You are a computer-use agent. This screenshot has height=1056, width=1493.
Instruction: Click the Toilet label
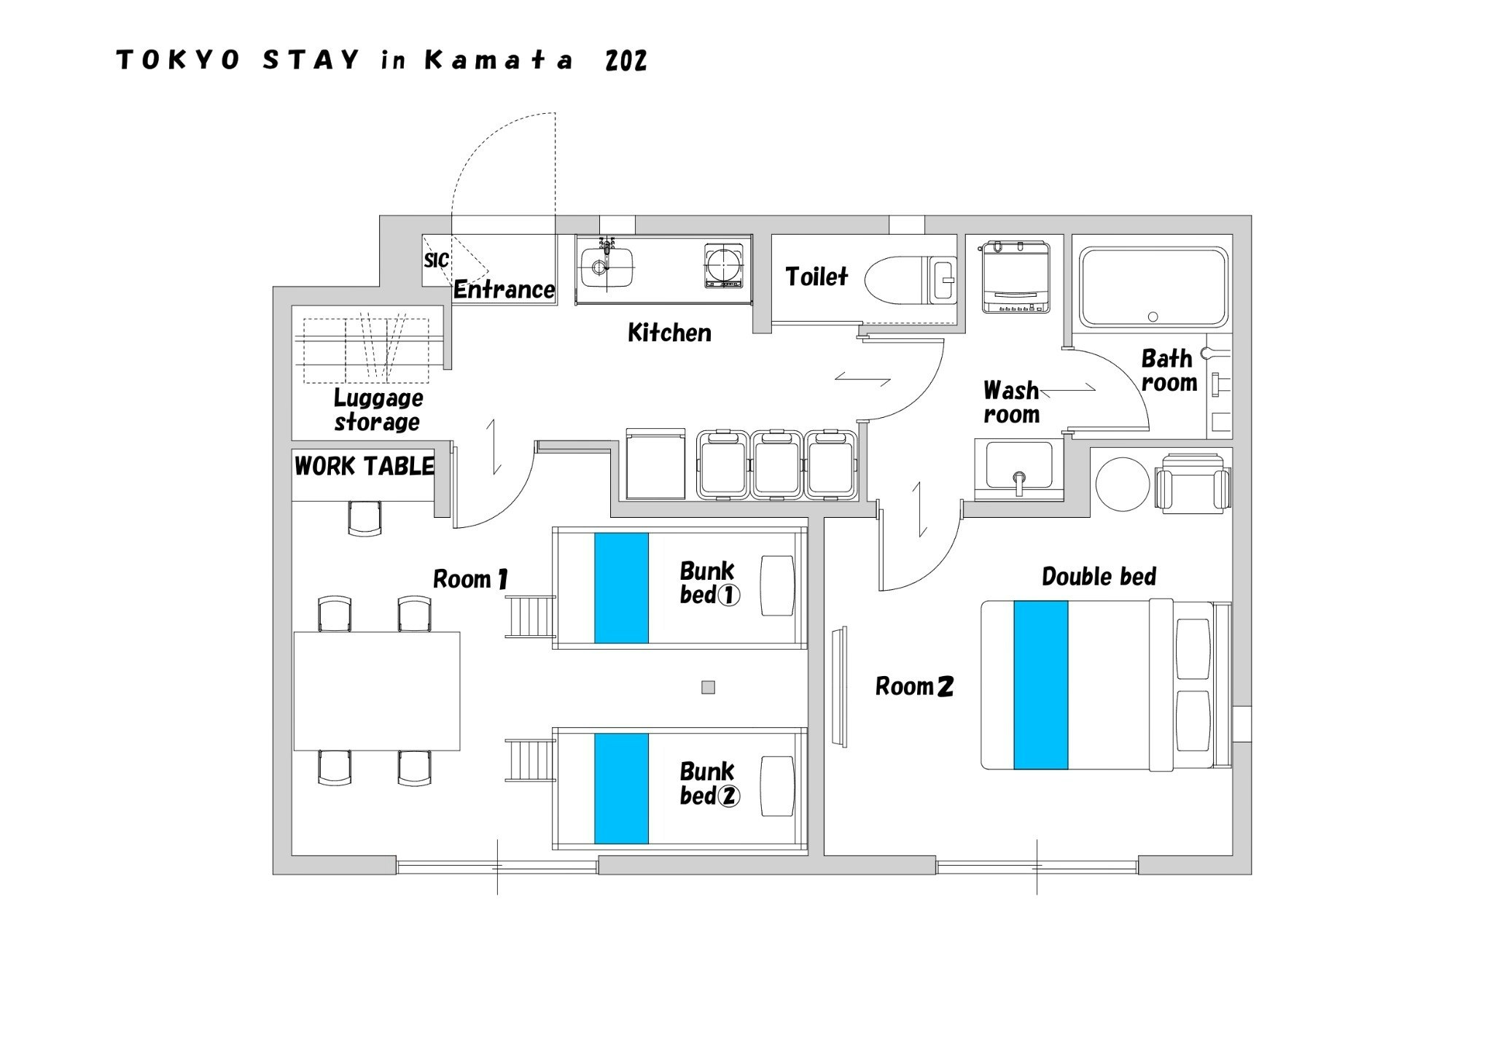816,276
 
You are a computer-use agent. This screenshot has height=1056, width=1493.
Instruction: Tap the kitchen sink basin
607,267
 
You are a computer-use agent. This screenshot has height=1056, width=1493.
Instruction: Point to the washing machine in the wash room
1016,277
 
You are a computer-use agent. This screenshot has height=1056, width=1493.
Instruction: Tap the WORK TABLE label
365,466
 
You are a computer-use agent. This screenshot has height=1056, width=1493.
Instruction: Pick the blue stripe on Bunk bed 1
621,588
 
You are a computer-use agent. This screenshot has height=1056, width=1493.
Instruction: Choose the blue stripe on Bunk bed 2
621,788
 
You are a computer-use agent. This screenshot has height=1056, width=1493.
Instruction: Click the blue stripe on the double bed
1040,685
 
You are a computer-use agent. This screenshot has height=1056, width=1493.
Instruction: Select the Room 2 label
914,686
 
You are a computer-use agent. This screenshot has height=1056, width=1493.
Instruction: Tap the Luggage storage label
378,410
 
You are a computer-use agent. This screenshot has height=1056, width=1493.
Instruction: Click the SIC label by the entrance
436,260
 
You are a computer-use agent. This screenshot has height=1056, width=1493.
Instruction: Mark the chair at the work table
365,518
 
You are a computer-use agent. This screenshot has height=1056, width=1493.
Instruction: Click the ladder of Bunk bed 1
531,616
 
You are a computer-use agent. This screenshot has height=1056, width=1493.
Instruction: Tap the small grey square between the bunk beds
708,687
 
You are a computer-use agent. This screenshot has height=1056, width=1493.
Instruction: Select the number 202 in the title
625,61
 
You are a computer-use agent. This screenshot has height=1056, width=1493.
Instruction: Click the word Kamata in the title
499,61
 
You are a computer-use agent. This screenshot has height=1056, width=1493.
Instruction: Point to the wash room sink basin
1018,465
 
